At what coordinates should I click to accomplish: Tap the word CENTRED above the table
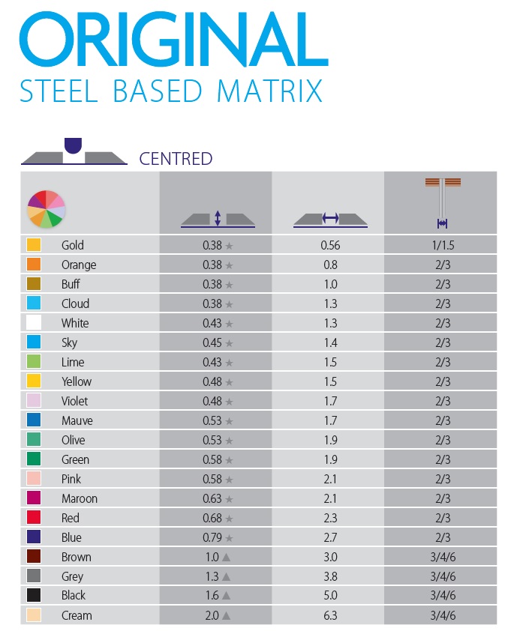pos(176,159)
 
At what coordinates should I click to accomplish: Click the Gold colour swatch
pos(34,245)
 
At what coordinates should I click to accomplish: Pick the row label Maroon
pos(80,498)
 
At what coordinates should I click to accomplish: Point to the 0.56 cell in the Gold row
pos(330,245)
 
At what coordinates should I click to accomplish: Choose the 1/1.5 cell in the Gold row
pos(442,245)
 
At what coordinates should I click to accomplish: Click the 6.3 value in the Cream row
pos(330,615)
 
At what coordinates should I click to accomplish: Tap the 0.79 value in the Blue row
pos(212,537)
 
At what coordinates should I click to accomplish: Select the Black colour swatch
pos(34,596)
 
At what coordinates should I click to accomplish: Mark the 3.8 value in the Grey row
pos(330,576)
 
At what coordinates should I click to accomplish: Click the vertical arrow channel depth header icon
pos(217,219)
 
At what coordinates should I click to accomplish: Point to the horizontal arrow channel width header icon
pos(330,219)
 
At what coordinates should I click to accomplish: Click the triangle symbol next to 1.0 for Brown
pos(225,557)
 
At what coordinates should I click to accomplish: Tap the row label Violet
pos(76,401)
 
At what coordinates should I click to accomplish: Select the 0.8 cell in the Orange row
pos(330,265)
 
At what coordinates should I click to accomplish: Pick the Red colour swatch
pos(34,518)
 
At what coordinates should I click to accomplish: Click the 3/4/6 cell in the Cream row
pos(442,615)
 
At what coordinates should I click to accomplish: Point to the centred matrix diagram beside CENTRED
pos(73,152)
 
